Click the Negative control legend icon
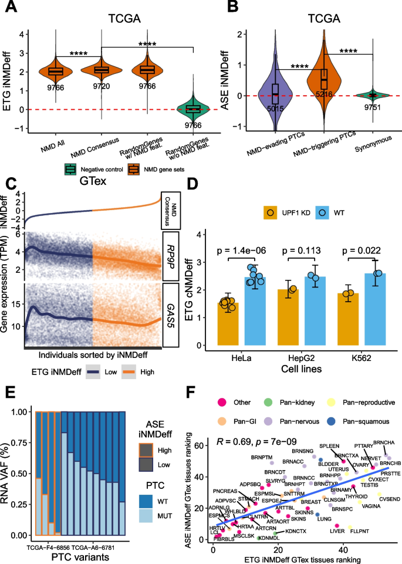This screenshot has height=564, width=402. point(69,170)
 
